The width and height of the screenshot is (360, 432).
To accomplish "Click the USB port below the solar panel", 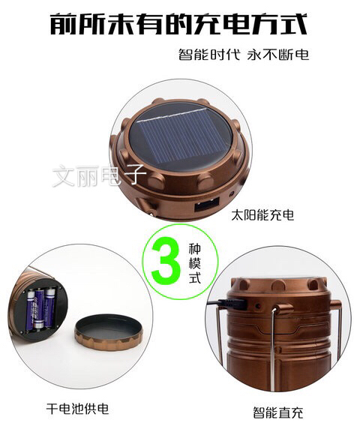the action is pos(206,205).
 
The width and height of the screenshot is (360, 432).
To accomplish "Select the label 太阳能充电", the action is pos(262,215).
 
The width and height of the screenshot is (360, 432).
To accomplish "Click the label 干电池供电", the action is pos(77,409).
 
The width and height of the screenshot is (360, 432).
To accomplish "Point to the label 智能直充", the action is pos(278,412).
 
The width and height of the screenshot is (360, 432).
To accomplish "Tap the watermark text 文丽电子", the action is pos(100,175).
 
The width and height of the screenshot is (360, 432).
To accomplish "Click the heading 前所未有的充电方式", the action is pos(178,24).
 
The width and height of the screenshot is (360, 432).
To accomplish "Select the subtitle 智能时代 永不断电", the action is pos(244,54).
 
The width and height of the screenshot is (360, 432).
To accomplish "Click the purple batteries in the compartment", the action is pos(41,308).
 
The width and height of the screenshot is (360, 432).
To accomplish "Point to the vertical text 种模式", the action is pos(195,263).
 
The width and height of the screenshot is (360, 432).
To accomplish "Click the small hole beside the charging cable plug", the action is pos(258,306).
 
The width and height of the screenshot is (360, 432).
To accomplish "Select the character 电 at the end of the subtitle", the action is pos(302,54).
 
